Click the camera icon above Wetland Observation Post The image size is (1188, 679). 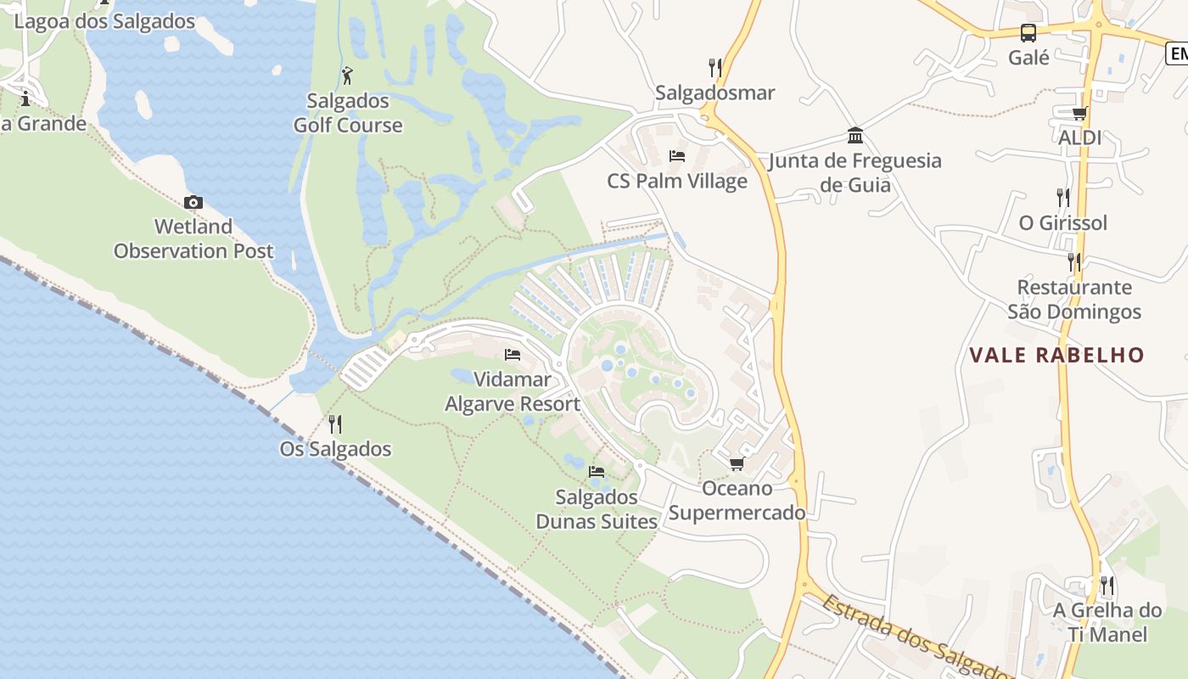coord(193,202)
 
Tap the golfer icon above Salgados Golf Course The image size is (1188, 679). coord(347,76)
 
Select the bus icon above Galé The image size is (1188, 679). coord(1028,33)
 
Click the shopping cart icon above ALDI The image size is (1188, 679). coord(1079,113)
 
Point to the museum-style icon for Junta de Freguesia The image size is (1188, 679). coord(855,136)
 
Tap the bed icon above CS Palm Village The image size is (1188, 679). coord(677,156)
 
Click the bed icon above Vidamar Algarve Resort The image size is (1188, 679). coord(513,354)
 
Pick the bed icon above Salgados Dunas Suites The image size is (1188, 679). coord(597,471)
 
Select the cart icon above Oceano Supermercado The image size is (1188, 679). coord(737,463)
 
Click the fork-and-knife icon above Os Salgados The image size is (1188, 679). coord(335,424)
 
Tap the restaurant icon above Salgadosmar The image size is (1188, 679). coord(715,67)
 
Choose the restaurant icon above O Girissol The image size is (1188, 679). coord(1062,198)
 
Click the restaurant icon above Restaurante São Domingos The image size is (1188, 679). coord(1074,261)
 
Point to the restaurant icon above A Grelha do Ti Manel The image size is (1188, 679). coord(1107,585)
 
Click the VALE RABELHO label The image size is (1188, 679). coord(1056,355)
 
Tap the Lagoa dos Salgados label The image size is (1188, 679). coord(105,21)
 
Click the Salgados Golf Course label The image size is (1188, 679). coord(348,113)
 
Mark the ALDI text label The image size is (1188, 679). coord(1079,137)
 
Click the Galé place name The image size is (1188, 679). coord(1028,58)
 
